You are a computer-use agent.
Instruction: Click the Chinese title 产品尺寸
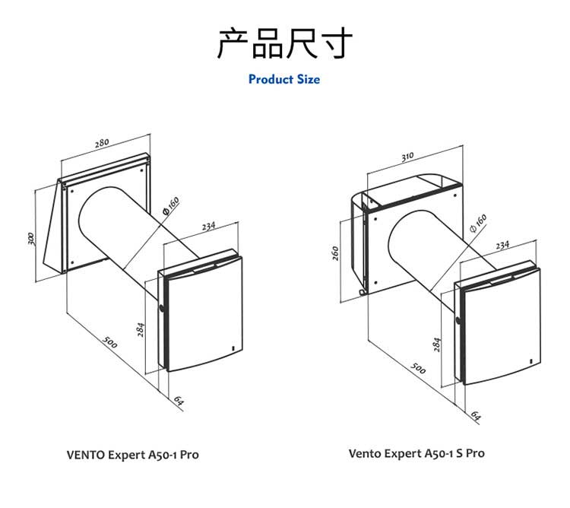tap(285, 43)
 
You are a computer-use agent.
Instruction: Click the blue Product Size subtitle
tap(284, 79)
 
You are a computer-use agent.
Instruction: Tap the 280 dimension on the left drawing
tap(102, 142)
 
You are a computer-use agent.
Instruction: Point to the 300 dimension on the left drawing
tap(31, 238)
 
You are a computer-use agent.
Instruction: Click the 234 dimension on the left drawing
tap(209, 226)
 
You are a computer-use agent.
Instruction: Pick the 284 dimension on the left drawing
tap(141, 329)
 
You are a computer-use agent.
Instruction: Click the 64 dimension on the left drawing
tap(179, 400)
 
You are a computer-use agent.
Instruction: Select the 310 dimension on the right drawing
tap(408, 157)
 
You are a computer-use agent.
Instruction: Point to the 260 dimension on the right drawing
tap(335, 252)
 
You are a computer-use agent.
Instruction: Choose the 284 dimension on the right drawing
tap(437, 343)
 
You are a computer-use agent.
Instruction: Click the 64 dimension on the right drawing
tap(476, 415)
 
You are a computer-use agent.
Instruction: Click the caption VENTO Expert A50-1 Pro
tap(133, 455)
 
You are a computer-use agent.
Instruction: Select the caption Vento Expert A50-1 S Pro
tap(416, 453)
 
